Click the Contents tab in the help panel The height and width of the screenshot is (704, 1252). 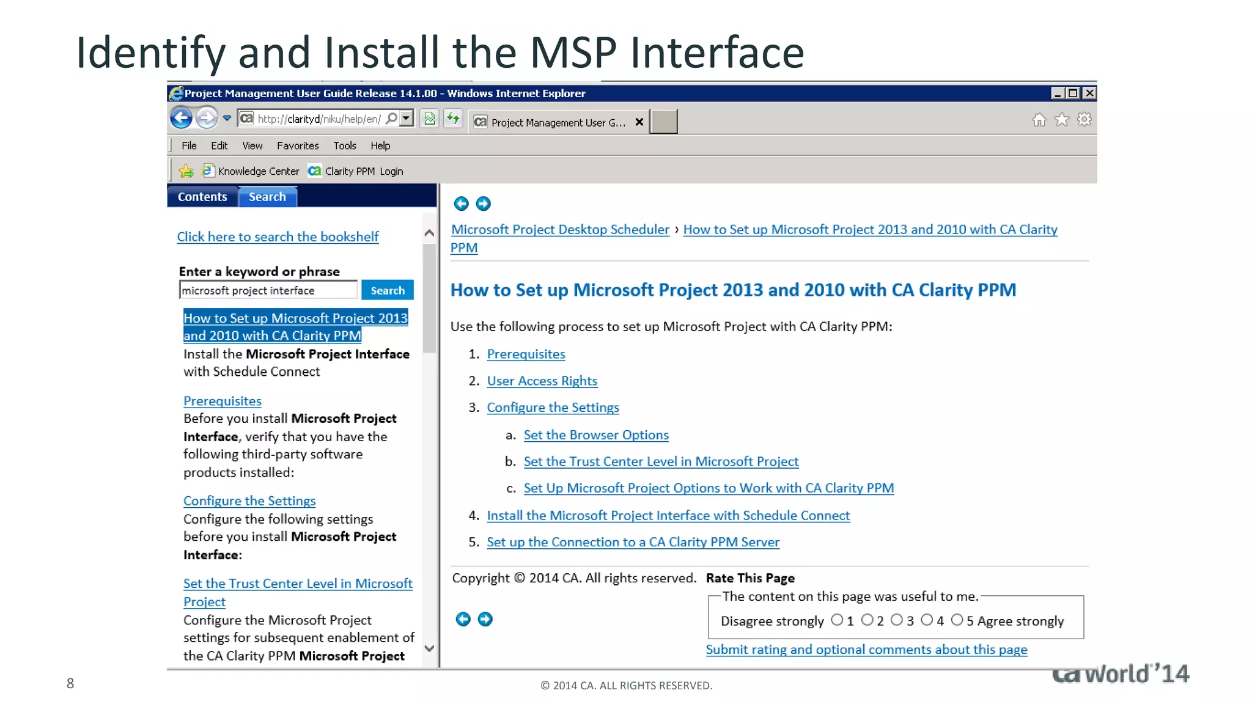pos(202,197)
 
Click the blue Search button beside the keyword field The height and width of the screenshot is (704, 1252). pos(387,290)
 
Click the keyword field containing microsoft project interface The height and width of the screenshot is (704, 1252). pos(268,290)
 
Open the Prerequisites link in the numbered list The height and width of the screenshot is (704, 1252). pos(526,354)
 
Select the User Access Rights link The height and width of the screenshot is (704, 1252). pos(542,381)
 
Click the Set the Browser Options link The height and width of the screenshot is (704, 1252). pos(596,435)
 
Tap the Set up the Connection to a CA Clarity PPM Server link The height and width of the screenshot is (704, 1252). pos(633,542)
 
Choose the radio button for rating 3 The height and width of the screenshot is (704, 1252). pos(897,620)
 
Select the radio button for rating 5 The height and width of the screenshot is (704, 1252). pos(957,620)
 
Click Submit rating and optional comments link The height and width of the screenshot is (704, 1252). pos(866,650)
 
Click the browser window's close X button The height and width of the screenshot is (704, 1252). pos(1089,93)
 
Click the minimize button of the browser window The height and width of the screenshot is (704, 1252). pos(1058,93)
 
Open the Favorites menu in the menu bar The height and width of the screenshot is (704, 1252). pos(298,145)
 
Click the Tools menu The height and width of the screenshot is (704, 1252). pos(345,145)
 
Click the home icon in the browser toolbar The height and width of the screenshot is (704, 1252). pos(1039,120)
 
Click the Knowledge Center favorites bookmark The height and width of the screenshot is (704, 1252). pos(258,171)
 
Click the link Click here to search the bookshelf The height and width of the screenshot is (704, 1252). pos(278,237)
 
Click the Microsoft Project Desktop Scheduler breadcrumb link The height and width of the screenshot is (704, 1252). pos(560,230)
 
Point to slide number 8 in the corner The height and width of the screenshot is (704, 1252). pos(70,683)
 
